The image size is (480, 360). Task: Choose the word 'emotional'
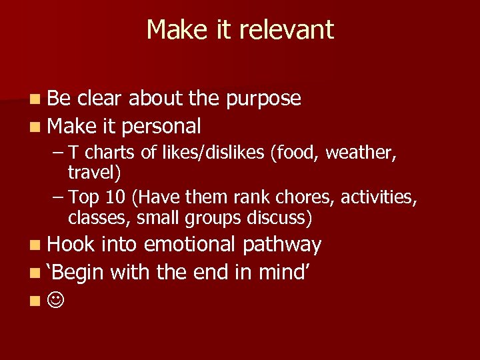189,245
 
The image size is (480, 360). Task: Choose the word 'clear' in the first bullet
101,99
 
